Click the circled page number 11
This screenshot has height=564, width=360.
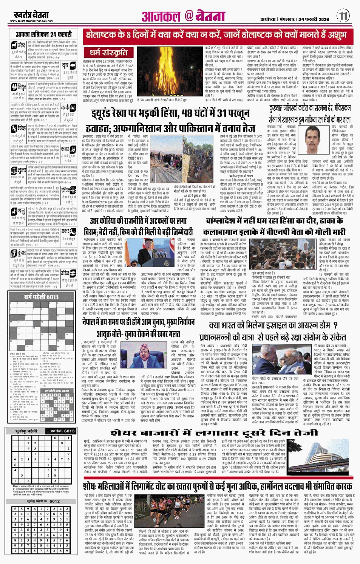(343, 16)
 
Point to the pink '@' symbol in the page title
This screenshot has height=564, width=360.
(189, 16)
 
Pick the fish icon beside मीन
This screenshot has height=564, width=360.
(66, 272)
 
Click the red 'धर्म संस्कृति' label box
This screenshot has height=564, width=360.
(109, 53)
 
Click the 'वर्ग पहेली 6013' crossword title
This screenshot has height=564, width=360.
(41, 297)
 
